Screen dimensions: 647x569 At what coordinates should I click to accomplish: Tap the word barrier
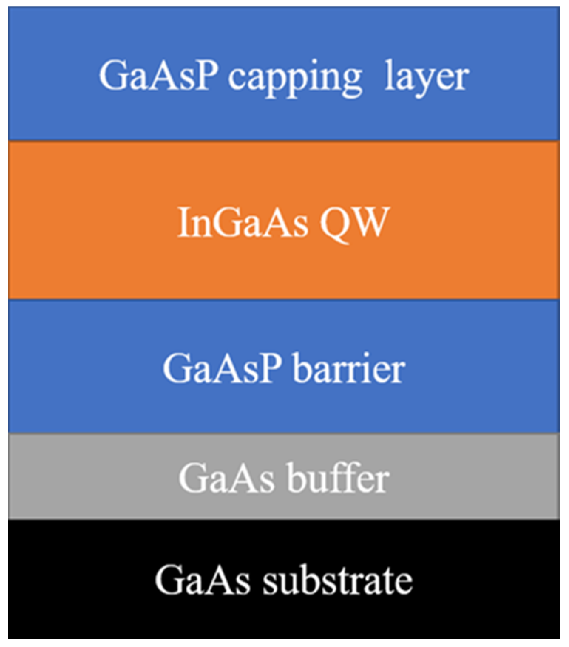coord(349,368)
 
